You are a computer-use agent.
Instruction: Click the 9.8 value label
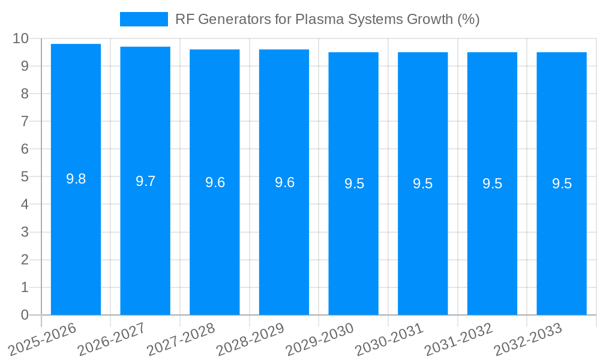click(x=76, y=179)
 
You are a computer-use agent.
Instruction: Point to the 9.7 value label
click(x=145, y=181)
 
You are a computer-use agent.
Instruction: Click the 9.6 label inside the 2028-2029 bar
click(x=284, y=182)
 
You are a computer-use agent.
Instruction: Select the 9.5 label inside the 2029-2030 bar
click(x=354, y=184)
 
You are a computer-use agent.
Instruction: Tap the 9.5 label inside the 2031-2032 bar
click(x=492, y=184)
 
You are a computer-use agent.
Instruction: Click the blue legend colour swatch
click(x=144, y=19)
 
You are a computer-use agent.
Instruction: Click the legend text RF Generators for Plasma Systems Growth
click(x=327, y=19)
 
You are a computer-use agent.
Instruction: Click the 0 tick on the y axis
click(x=25, y=315)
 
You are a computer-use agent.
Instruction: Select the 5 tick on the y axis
click(x=25, y=177)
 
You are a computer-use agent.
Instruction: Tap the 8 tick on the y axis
click(x=25, y=94)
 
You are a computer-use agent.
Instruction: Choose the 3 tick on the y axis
click(x=25, y=232)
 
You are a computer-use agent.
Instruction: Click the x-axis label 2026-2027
click(x=111, y=339)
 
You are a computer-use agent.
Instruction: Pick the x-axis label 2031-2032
click(x=458, y=339)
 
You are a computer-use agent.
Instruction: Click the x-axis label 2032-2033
click(x=527, y=339)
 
